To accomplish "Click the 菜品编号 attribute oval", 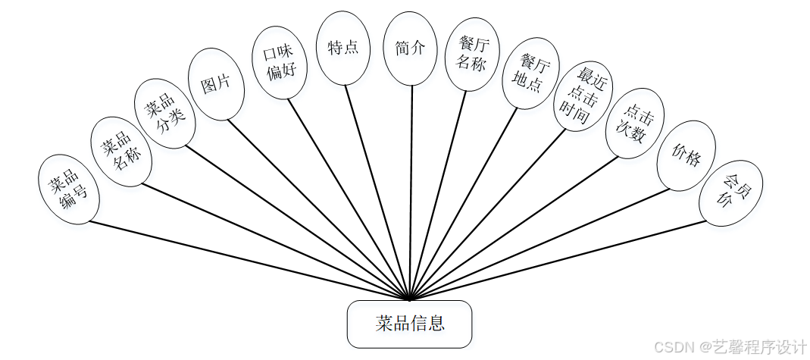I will pyautogui.click(x=68, y=189).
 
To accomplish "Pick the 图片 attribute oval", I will pyautogui.click(x=216, y=84).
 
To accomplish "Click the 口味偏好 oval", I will pyautogui.click(x=280, y=63).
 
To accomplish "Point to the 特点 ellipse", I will pyautogui.click(x=342, y=48).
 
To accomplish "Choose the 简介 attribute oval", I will pyautogui.click(x=410, y=48).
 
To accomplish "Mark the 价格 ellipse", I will pyautogui.click(x=686, y=155).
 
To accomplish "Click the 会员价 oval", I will pyautogui.click(x=730, y=193).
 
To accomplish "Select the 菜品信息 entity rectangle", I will pyautogui.click(x=409, y=324).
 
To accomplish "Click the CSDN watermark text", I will pyautogui.click(x=729, y=346).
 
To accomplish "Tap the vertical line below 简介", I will pyautogui.click(x=411, y=189).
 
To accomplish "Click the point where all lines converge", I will pyautogui.click(x=410, y=299).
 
